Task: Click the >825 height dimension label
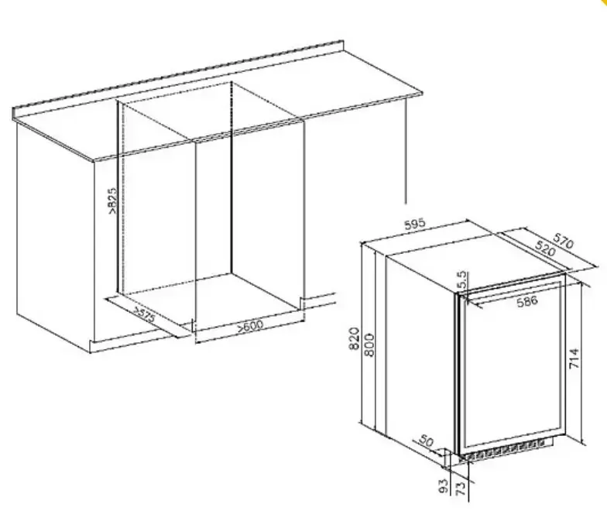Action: point(111,201)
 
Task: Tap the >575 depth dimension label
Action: point(144,314)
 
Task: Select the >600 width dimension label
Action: point(250,325)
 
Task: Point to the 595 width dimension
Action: point(415,225)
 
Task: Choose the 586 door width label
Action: point(526,300)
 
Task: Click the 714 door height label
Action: point(574,358)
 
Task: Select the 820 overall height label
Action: point(355,339)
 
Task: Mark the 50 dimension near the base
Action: point(426,441)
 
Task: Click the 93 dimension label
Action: point(444,486)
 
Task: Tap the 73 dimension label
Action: point(460,489)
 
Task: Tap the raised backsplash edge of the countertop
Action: point(178,77)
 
